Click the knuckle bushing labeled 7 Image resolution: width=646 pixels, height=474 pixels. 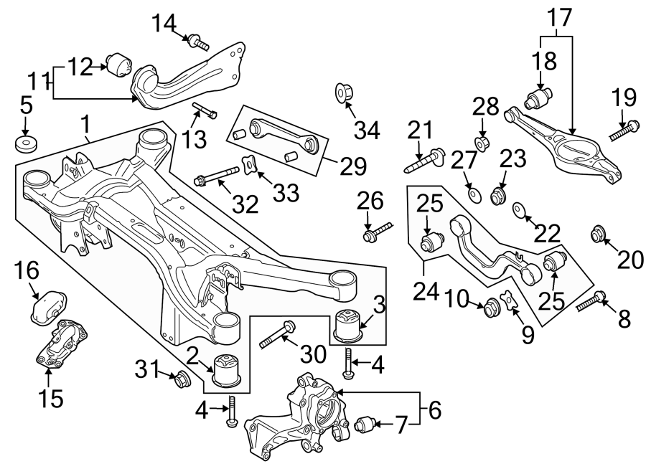[364, 426]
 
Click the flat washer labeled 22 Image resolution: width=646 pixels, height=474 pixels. [518, 211]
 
